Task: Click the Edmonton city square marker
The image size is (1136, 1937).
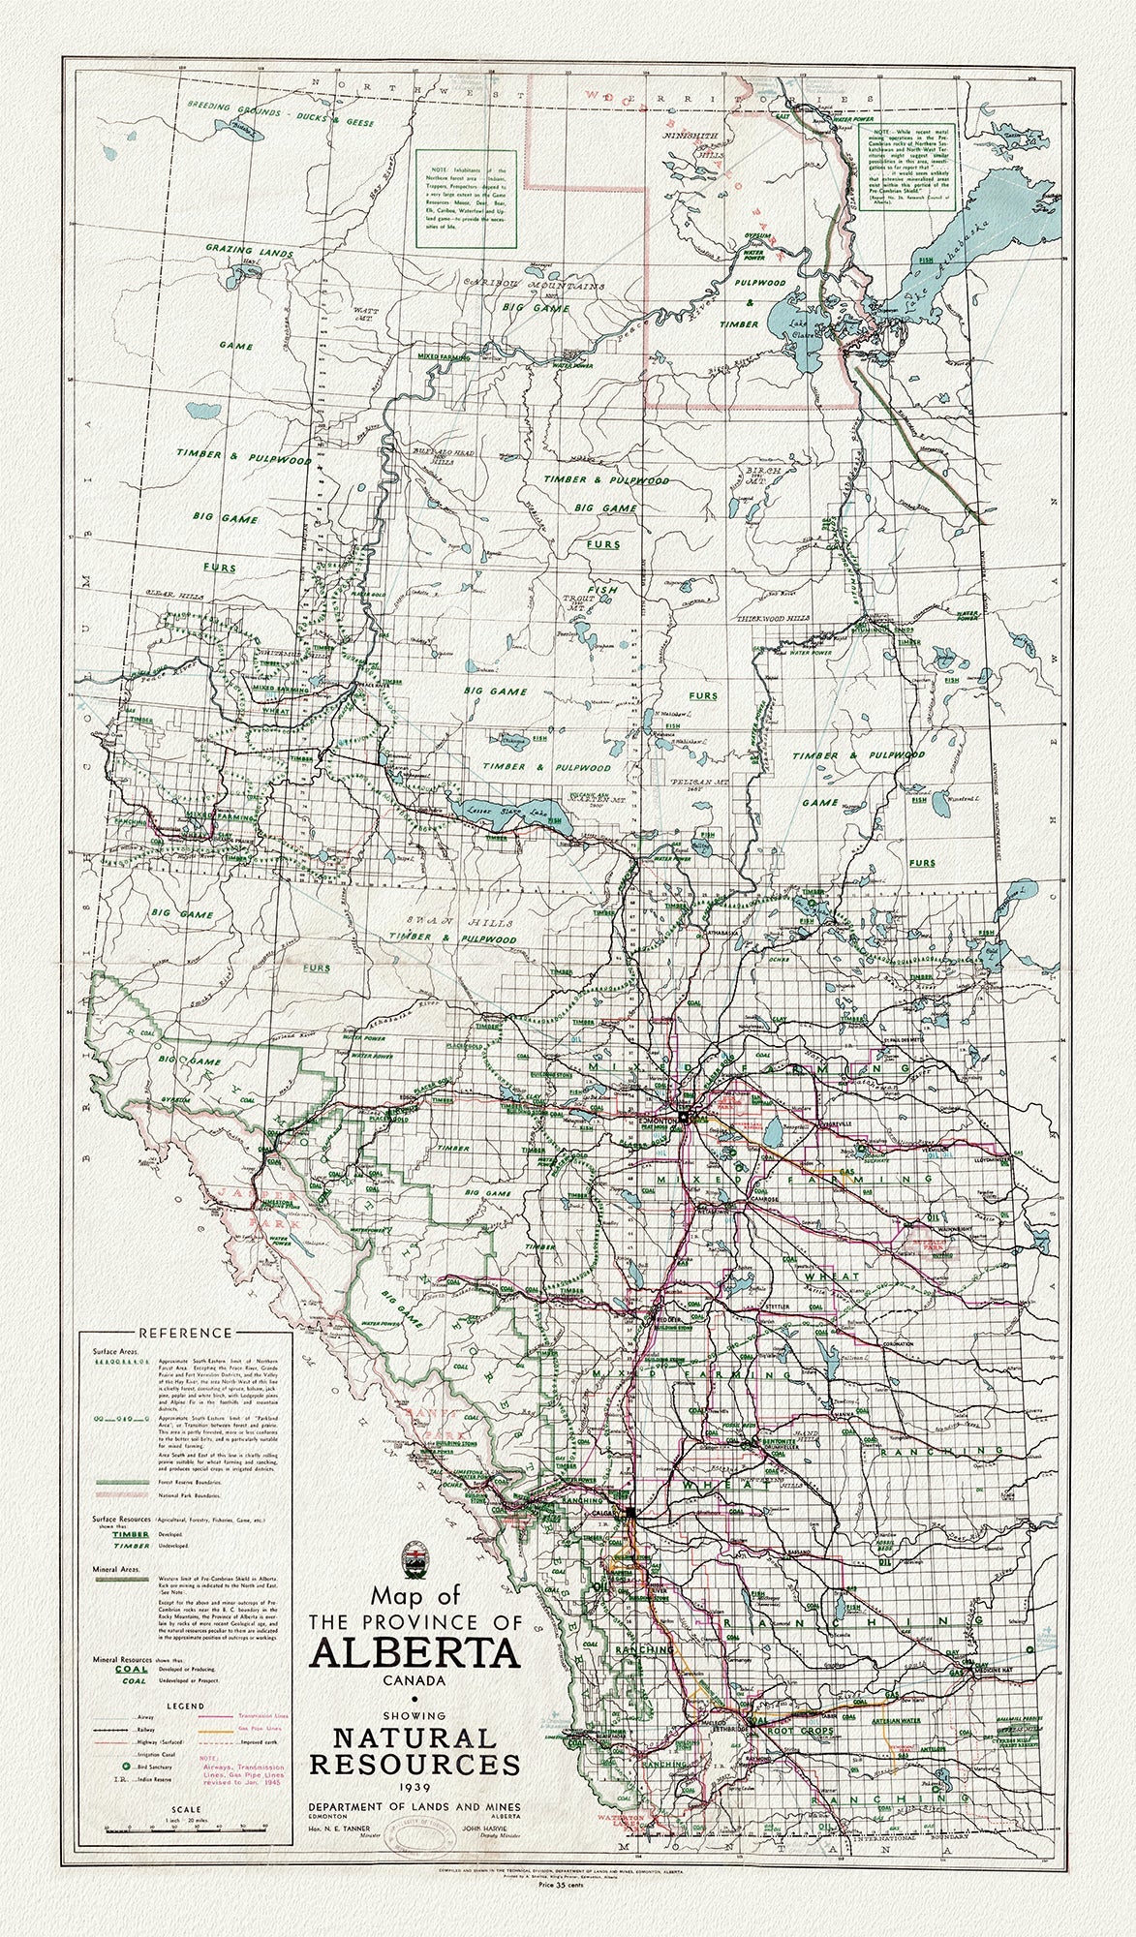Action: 683,1116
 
